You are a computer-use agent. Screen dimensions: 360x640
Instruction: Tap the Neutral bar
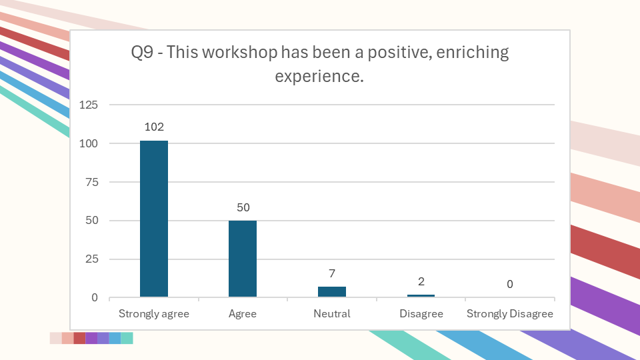331,292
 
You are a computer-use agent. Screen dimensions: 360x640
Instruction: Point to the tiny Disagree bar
421,295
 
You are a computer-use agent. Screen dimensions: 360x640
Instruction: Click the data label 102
154,127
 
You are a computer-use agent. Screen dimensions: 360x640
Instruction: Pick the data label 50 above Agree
243,207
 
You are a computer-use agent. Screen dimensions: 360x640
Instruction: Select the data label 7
331,273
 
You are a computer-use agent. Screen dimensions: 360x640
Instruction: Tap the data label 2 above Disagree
421,281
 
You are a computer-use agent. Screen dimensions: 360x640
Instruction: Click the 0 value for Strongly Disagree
510,284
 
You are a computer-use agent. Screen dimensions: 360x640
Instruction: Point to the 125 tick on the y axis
89,105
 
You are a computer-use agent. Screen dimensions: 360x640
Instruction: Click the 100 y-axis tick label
89,143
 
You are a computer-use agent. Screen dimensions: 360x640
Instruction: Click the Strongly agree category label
154,314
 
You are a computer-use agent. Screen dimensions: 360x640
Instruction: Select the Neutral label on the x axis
332,314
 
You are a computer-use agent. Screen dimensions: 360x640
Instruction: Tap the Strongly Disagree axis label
510,314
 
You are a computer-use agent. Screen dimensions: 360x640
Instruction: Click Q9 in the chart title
143,53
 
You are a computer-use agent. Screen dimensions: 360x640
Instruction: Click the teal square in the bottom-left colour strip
127,338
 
